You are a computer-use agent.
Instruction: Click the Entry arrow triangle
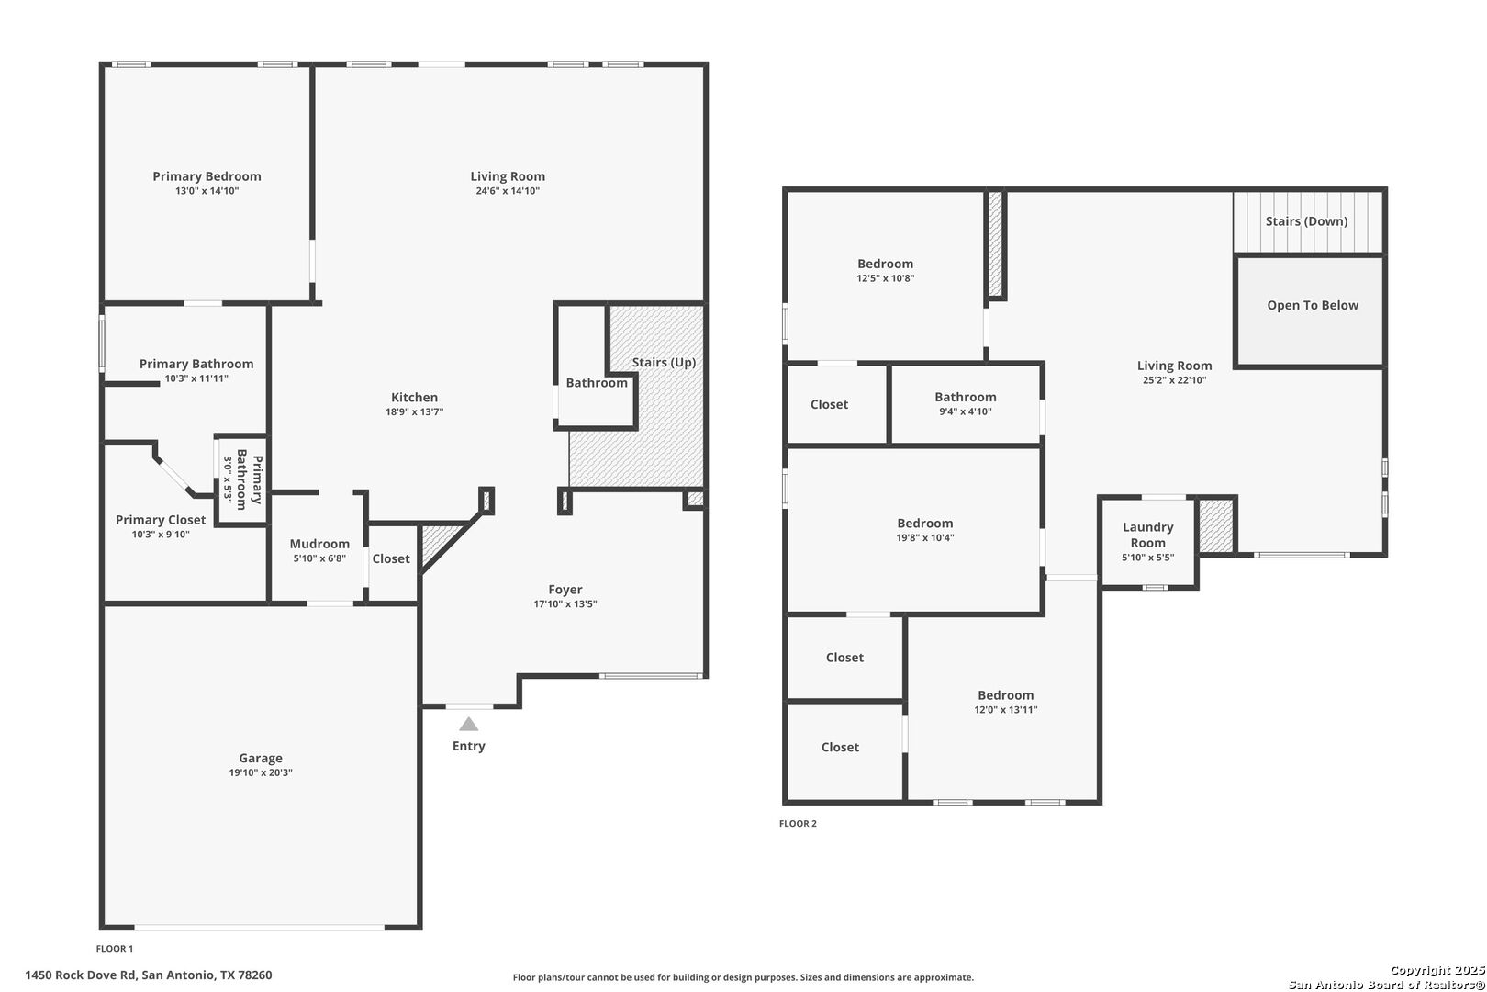pos(469,724)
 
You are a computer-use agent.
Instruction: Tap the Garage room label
pos(261,758)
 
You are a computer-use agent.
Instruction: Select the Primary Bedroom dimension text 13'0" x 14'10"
pos(207,191)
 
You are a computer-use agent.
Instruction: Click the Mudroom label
pos(319,544)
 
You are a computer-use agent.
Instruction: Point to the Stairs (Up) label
pos(664,362)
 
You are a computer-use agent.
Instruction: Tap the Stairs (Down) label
pos(1306,221)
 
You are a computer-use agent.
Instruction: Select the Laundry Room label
pos(1147,535)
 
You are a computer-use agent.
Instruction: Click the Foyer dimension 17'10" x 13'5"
pos(565,604)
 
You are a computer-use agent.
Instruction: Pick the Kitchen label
pos(414,398)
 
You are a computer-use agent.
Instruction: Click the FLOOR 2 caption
pos(798,823)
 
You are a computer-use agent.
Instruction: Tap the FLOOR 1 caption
pos(114,948)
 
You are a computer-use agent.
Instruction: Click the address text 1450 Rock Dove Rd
pos(81,975)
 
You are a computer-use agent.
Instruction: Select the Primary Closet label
pos(161,520)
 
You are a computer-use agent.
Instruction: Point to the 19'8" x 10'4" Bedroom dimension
pos(925,537)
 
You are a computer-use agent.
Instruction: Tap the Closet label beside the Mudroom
pos(391,558)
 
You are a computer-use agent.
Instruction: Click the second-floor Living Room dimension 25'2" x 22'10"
pos(1174,380)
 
